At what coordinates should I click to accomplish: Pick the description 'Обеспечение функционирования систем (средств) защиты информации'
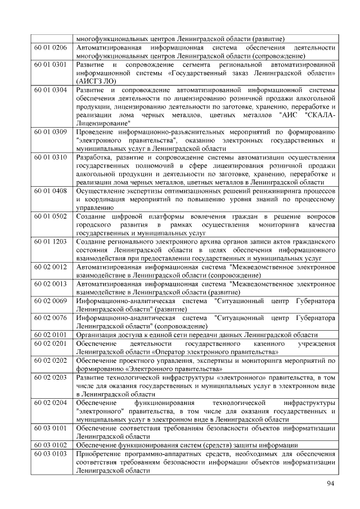click(187, 445)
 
